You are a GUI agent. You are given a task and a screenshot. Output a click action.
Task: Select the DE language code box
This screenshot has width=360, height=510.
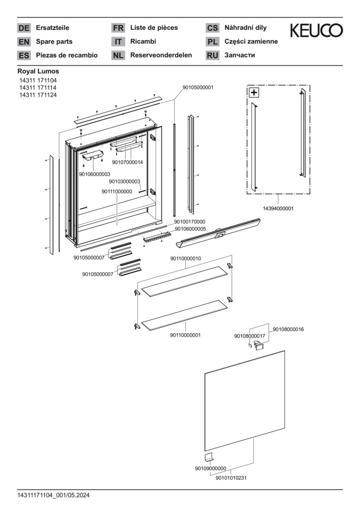pyautogui.click(x=24, y=28)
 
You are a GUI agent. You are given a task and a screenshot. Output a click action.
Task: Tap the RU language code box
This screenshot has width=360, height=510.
pyautogui.click(x=212, y=55)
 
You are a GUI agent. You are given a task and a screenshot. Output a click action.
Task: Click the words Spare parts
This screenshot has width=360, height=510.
pyautogui.click(x=54, y=42)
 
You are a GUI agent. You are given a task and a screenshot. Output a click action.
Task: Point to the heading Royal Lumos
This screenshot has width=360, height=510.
pyautogui.click(x=38, y=71)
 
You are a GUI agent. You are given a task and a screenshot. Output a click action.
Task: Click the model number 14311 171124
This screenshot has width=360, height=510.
pyautogui.click(x=38, y=95)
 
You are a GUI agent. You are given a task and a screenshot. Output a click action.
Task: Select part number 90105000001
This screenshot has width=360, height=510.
pyautogui.click(x=198, y=87)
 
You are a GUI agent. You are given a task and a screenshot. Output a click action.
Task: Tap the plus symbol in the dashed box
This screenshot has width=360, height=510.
pyautogui.click(x=254, y=93)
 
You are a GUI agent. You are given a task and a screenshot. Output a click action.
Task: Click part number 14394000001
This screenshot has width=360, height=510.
pyautogui.click(x=278, y=209)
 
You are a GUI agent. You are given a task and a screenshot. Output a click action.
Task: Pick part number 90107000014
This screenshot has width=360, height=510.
pyautogui.click(x=127, y=162)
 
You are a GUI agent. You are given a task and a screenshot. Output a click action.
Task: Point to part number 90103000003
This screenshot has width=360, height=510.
pyautogui.click(x=125, y=181)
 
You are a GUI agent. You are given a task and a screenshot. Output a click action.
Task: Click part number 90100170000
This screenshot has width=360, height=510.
pyautogui.click(x=190, y=222)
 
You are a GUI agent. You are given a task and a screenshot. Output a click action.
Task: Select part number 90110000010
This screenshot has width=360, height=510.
pyautogui.click(x=186, y=259)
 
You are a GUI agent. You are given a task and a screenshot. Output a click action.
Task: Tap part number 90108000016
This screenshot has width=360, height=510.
pyautogui.click(x=288, y=330)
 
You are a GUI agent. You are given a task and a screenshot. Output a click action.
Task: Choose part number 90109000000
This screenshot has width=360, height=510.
pyautogui.click(x=210, y=468)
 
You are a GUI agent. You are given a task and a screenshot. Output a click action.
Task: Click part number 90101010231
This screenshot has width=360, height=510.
pyautogui.click(x=231, y=478)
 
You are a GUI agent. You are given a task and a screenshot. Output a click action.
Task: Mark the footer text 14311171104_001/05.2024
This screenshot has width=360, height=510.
pyautogui.click(x=54, y=495)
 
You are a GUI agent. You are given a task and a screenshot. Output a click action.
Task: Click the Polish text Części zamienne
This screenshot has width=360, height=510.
pyautogui.click(x=251, y=42)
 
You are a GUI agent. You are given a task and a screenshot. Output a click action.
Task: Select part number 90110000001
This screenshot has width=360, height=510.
pyautogui.click(x=185, y=335)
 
